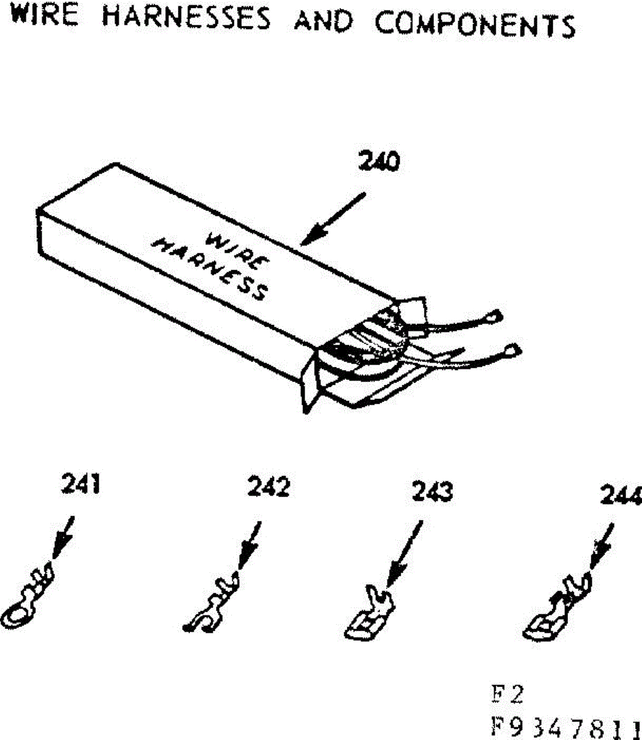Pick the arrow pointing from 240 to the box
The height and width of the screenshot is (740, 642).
click(x=334, y=219)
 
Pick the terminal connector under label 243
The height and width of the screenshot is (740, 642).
click(x=368, y=617)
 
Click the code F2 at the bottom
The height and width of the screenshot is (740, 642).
click(x=506, y=695)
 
